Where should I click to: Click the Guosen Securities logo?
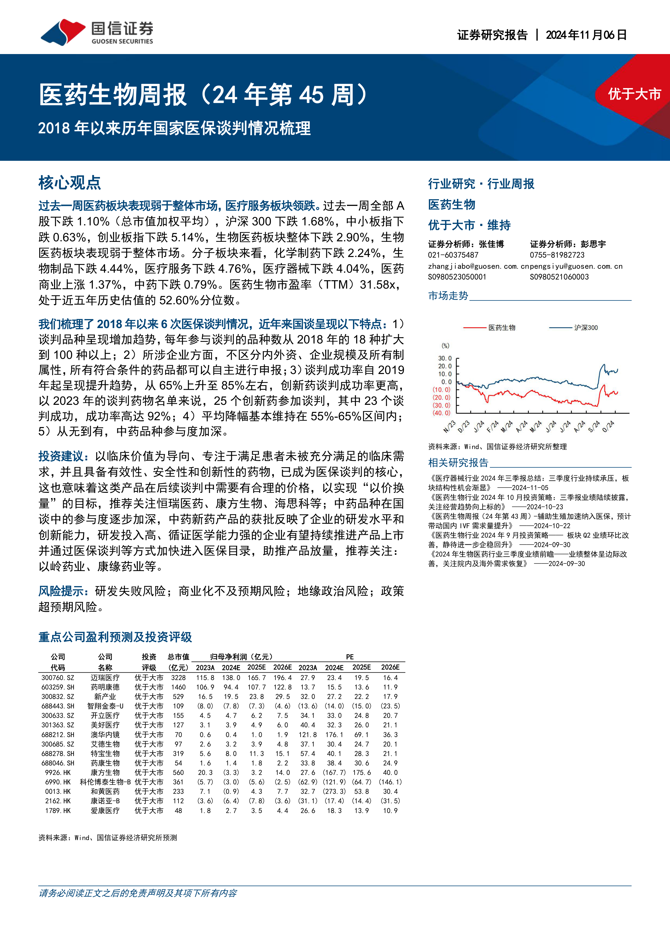tap(97, 32)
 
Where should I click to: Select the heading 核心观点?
tap(70, 182)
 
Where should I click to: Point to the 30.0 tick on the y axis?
tap(445, 358)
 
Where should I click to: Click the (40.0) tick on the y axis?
tap(442, 413)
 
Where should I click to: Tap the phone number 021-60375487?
tap(453, 255)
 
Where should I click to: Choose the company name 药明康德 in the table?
tap(105, 687)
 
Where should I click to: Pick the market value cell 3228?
tap(178, 677)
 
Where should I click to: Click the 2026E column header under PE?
tap(390, 667)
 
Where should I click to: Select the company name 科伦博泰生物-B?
tap(105, 782)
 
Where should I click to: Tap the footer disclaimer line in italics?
tap(138, 893)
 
